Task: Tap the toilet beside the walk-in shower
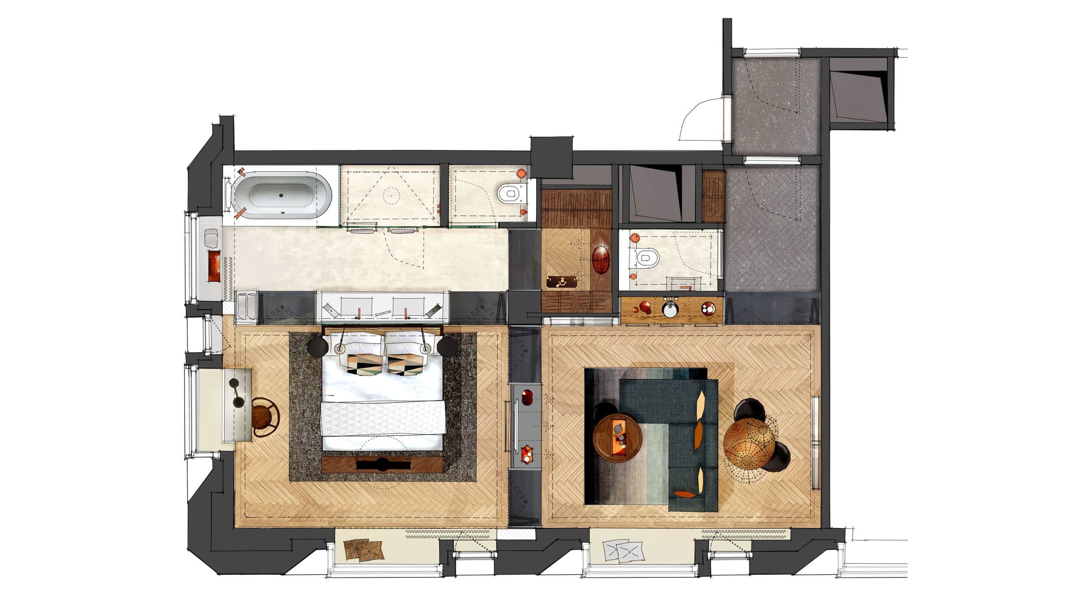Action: (509, 194)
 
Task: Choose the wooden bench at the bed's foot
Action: (382, 464)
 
